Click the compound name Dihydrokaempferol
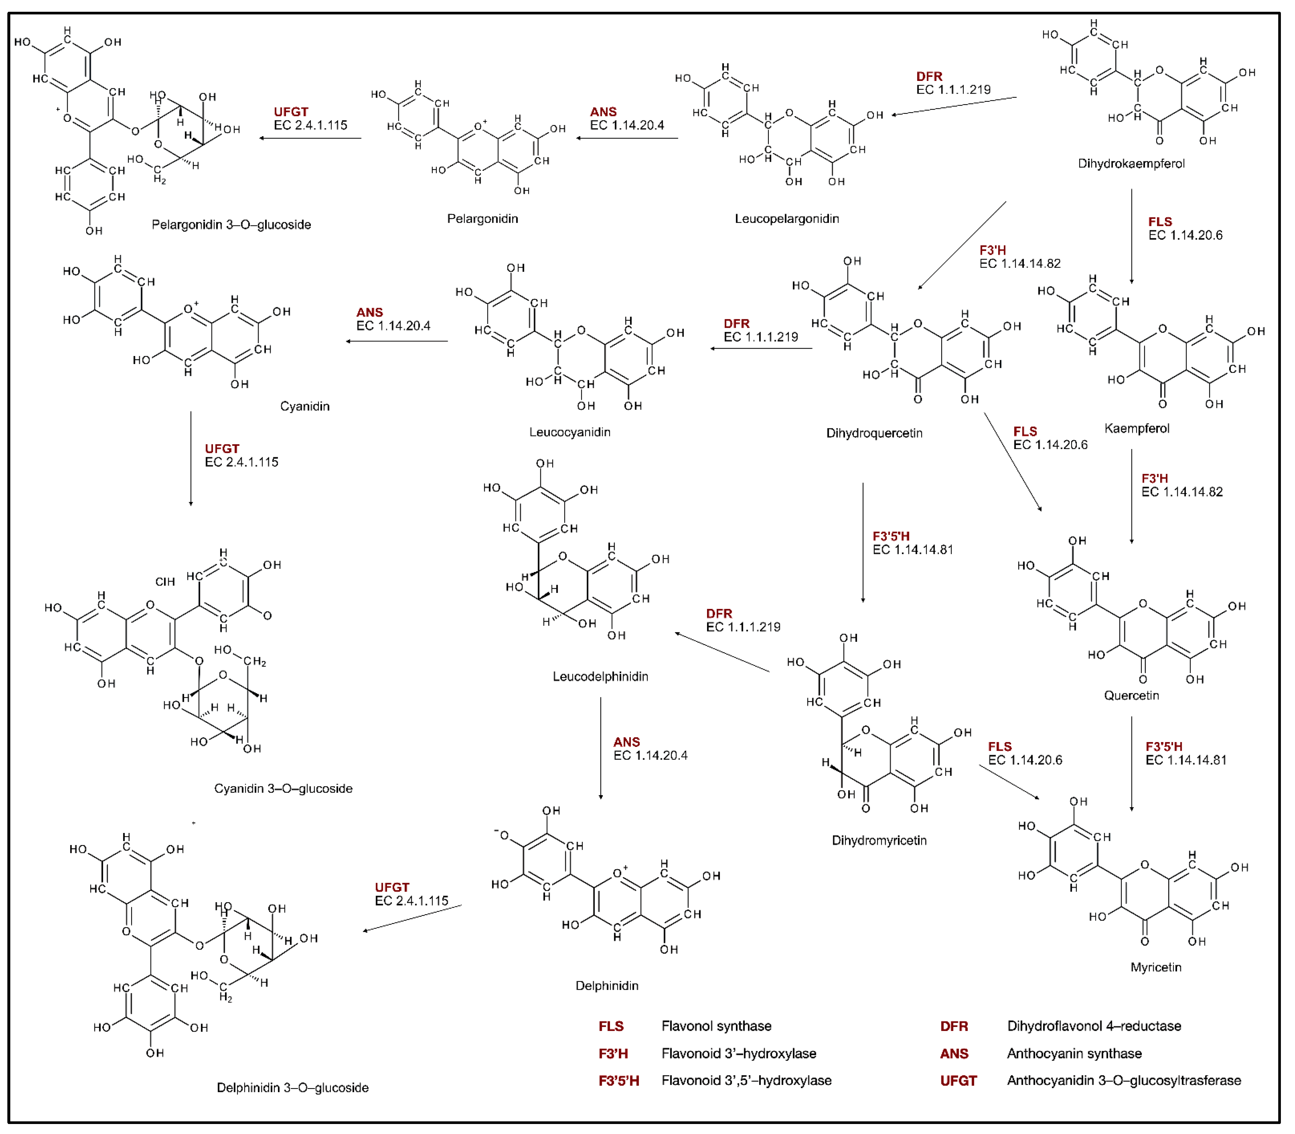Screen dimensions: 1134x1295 (1131, 163)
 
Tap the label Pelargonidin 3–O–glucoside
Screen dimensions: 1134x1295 (231, 225)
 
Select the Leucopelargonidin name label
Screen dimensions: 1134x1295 (786, 218)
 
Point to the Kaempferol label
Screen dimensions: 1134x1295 (1136, 428)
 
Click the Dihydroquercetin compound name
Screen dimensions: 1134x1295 (874, 433)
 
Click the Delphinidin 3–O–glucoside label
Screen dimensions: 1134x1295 (292, 1087)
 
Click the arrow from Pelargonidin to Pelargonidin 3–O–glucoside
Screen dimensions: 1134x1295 (310, 138)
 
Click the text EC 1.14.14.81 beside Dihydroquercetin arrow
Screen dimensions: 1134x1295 (912, 549)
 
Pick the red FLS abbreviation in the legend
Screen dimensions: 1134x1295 (611, 1026)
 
